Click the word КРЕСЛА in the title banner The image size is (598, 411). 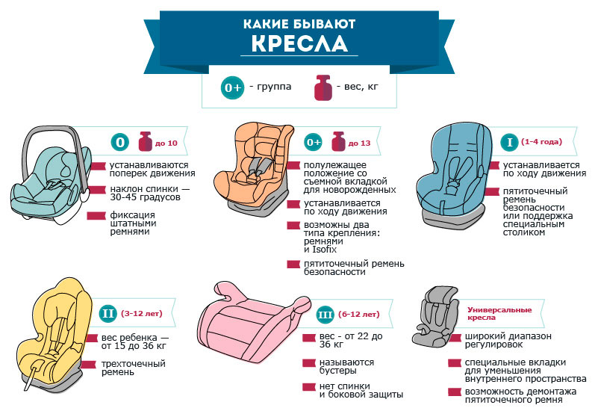[299, 43]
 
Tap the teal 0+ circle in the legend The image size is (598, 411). [233, 87]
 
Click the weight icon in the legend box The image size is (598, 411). [323, 87]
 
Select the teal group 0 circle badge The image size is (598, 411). [120, 142]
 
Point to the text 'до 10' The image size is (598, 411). [166, 143]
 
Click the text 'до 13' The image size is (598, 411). [359, 143]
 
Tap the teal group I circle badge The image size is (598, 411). [509, 142]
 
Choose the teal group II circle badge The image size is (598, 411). [108, 313]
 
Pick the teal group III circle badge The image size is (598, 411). [326, 315]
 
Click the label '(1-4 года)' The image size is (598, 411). [541, 141]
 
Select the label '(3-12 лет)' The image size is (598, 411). [142, 313]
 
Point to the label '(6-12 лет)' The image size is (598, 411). [359, 314]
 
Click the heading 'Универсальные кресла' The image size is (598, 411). [499, 313]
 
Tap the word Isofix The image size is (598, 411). [325, 250]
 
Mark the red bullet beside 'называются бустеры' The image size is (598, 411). [309, 363]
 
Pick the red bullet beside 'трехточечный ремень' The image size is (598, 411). [89, 365]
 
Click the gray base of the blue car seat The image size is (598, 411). [454, 219]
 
